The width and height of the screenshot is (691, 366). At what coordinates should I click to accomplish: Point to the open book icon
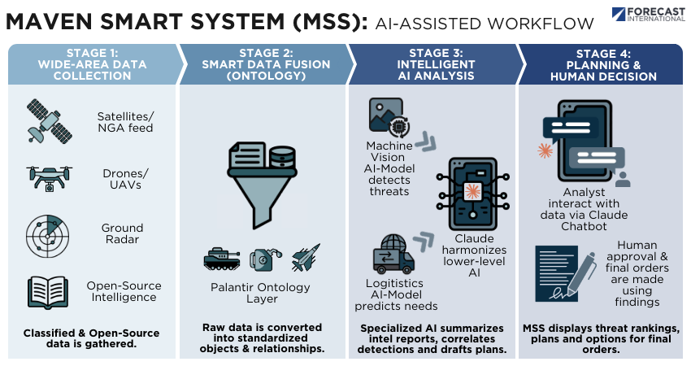pos(46,290)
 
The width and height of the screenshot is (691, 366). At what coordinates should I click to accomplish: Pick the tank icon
pos(221,259)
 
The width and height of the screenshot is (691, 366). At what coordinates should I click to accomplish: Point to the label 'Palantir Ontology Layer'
pos(262,293)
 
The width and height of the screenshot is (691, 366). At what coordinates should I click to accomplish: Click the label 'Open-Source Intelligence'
pos(123,291)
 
